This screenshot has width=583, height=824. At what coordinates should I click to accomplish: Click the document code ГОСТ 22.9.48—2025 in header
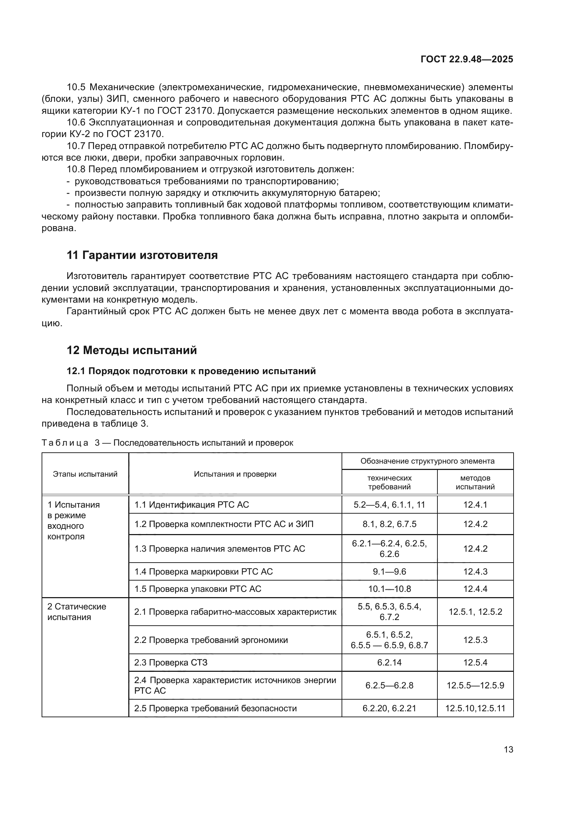(467, 60)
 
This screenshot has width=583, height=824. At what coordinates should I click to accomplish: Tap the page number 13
(508, 749)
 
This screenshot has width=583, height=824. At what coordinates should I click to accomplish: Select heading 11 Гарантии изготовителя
(142, 255)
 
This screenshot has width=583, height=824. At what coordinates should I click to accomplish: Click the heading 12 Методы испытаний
(132, 350)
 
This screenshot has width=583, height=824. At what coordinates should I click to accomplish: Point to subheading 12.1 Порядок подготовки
(191, 371)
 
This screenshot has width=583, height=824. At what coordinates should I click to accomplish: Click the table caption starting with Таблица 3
(167, 443)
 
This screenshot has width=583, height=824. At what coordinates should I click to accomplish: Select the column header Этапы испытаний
(85, 474)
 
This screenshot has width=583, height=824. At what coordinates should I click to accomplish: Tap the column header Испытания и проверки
(235, 474)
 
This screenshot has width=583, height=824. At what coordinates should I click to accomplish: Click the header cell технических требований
(389, 482)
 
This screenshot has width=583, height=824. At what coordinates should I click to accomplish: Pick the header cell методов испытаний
(475, 482)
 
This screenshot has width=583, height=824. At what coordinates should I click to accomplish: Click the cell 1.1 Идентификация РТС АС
(191, 504)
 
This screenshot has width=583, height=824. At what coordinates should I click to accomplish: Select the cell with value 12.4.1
(475, 504)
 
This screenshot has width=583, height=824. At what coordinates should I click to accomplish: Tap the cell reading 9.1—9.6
(389, 571)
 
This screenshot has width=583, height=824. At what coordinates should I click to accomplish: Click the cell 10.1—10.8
(389, 589)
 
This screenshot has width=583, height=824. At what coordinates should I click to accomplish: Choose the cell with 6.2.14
(389, 663)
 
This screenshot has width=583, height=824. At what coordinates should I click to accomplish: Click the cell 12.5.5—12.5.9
(475, 686)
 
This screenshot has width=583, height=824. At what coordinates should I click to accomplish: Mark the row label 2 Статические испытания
(76, 612)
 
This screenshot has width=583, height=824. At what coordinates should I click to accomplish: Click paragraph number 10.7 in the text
(76, 146)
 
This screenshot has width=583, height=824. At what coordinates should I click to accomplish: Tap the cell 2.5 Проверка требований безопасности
(215, 708)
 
